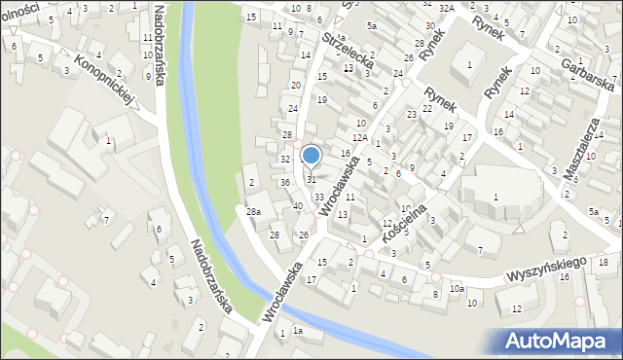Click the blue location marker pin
pos(311,156)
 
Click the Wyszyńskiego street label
pos(546,270)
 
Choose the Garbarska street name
pos(587,68)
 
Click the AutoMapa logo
pos(561,341)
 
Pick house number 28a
pos(253,212)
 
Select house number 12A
pos(360,138)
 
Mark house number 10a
pos(457,289)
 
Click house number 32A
pos(446,8)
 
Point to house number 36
pos(285,183)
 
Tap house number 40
pos(298,205)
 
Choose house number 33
pos(319,197)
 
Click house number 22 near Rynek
pos(426,108)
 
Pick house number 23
pos(412,115)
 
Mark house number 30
pos(429,25)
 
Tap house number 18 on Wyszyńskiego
pos(604,264)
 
